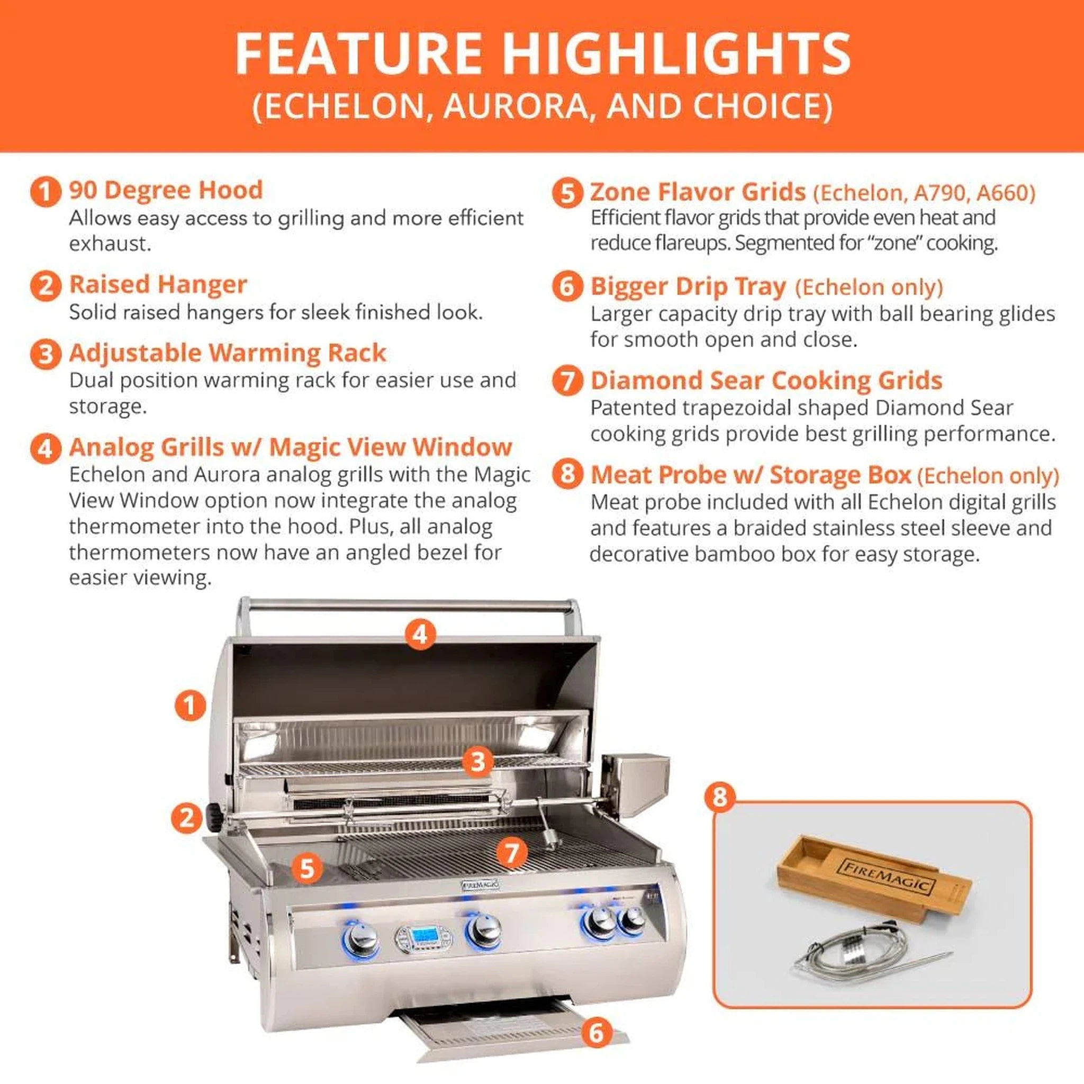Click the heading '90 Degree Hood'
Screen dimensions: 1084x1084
[166, 190]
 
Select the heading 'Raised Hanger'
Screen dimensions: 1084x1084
[158, 284]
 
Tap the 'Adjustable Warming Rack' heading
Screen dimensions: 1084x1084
[227, 353]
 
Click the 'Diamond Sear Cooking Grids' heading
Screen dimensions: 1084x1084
[766, 381]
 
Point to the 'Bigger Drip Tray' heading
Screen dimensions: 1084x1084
[689, 287]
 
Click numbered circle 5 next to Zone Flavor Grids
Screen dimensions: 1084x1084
[567, 193]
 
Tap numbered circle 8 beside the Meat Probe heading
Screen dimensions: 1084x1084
[567, 474]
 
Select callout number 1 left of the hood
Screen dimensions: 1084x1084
[190, 705]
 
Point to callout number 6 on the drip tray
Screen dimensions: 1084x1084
[596, 1032]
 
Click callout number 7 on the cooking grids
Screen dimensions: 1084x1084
[511, 853]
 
